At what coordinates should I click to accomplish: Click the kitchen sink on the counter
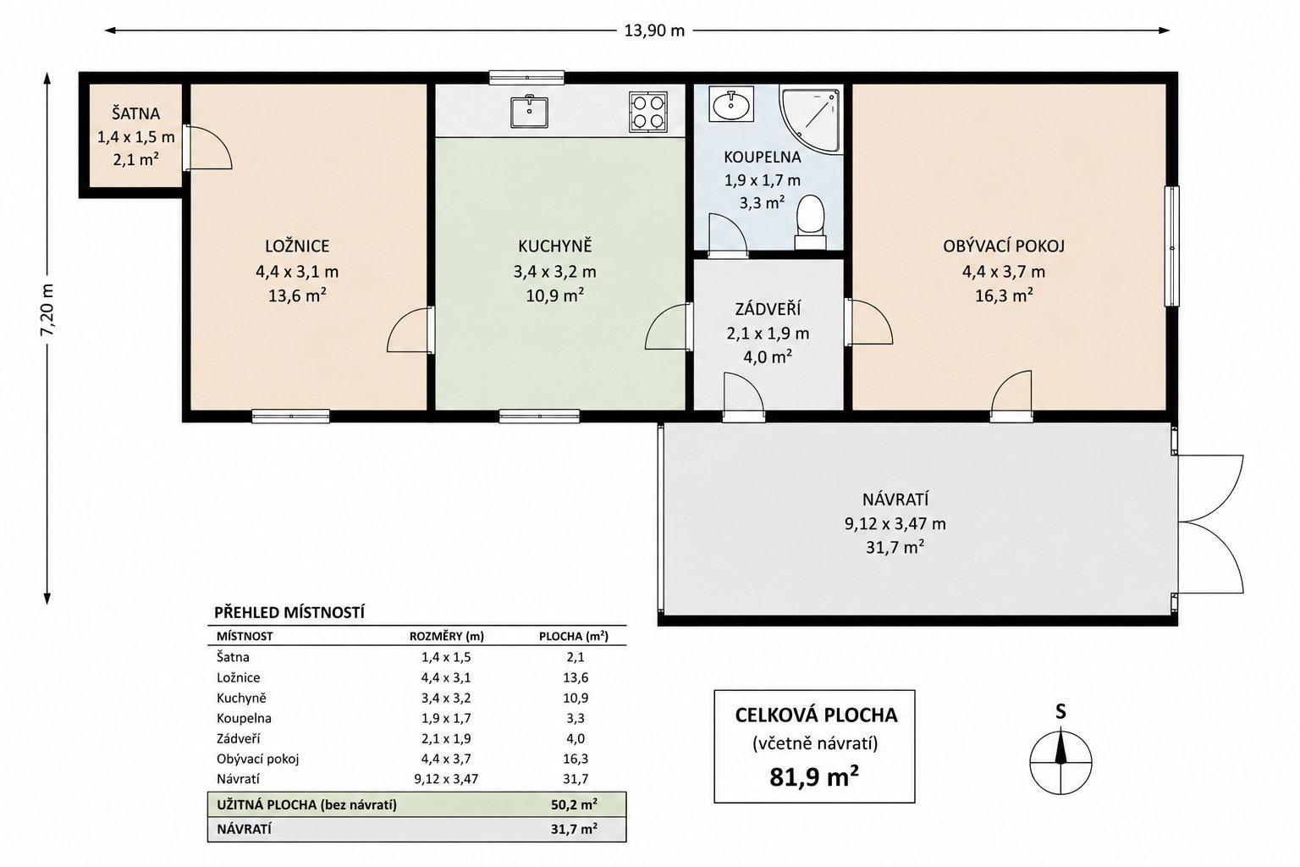(x=529, y=112)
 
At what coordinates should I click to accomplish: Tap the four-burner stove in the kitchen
(x=647, y=112)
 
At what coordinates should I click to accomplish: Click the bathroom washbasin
(x=731, y=104)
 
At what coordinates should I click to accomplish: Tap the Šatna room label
(x=135, y=113)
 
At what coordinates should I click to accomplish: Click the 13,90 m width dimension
(x=654, y=30)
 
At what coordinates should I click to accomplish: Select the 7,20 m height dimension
(x=47, y=310)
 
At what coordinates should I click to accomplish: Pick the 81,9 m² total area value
(x=814, y=777)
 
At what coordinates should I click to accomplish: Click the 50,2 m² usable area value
(x=574, y=805)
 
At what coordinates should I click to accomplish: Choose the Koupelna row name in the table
(x=244, y=718)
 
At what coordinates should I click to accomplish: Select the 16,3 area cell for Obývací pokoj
(x=576, y=759)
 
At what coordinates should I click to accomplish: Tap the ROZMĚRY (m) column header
(x=446, y=637)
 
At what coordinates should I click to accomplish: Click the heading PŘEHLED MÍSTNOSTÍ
(x=289, y=613)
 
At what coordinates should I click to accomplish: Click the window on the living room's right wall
(x=1172, y=246)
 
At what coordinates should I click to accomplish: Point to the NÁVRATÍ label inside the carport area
(x=895, y=500)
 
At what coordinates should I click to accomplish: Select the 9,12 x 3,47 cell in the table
(x=446, y=779)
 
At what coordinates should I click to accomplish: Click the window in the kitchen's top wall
(x=526, y=77)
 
